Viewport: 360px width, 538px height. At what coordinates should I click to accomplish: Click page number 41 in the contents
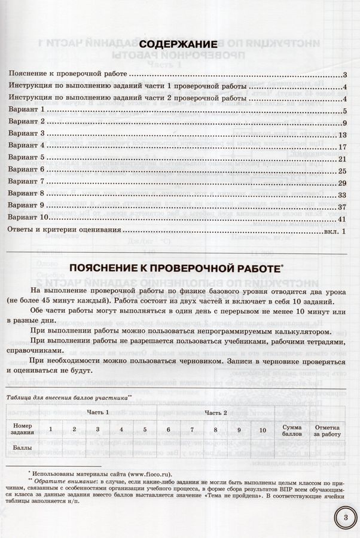pos(342,218)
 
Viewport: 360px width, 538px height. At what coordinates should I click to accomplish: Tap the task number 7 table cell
pos(192,429)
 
